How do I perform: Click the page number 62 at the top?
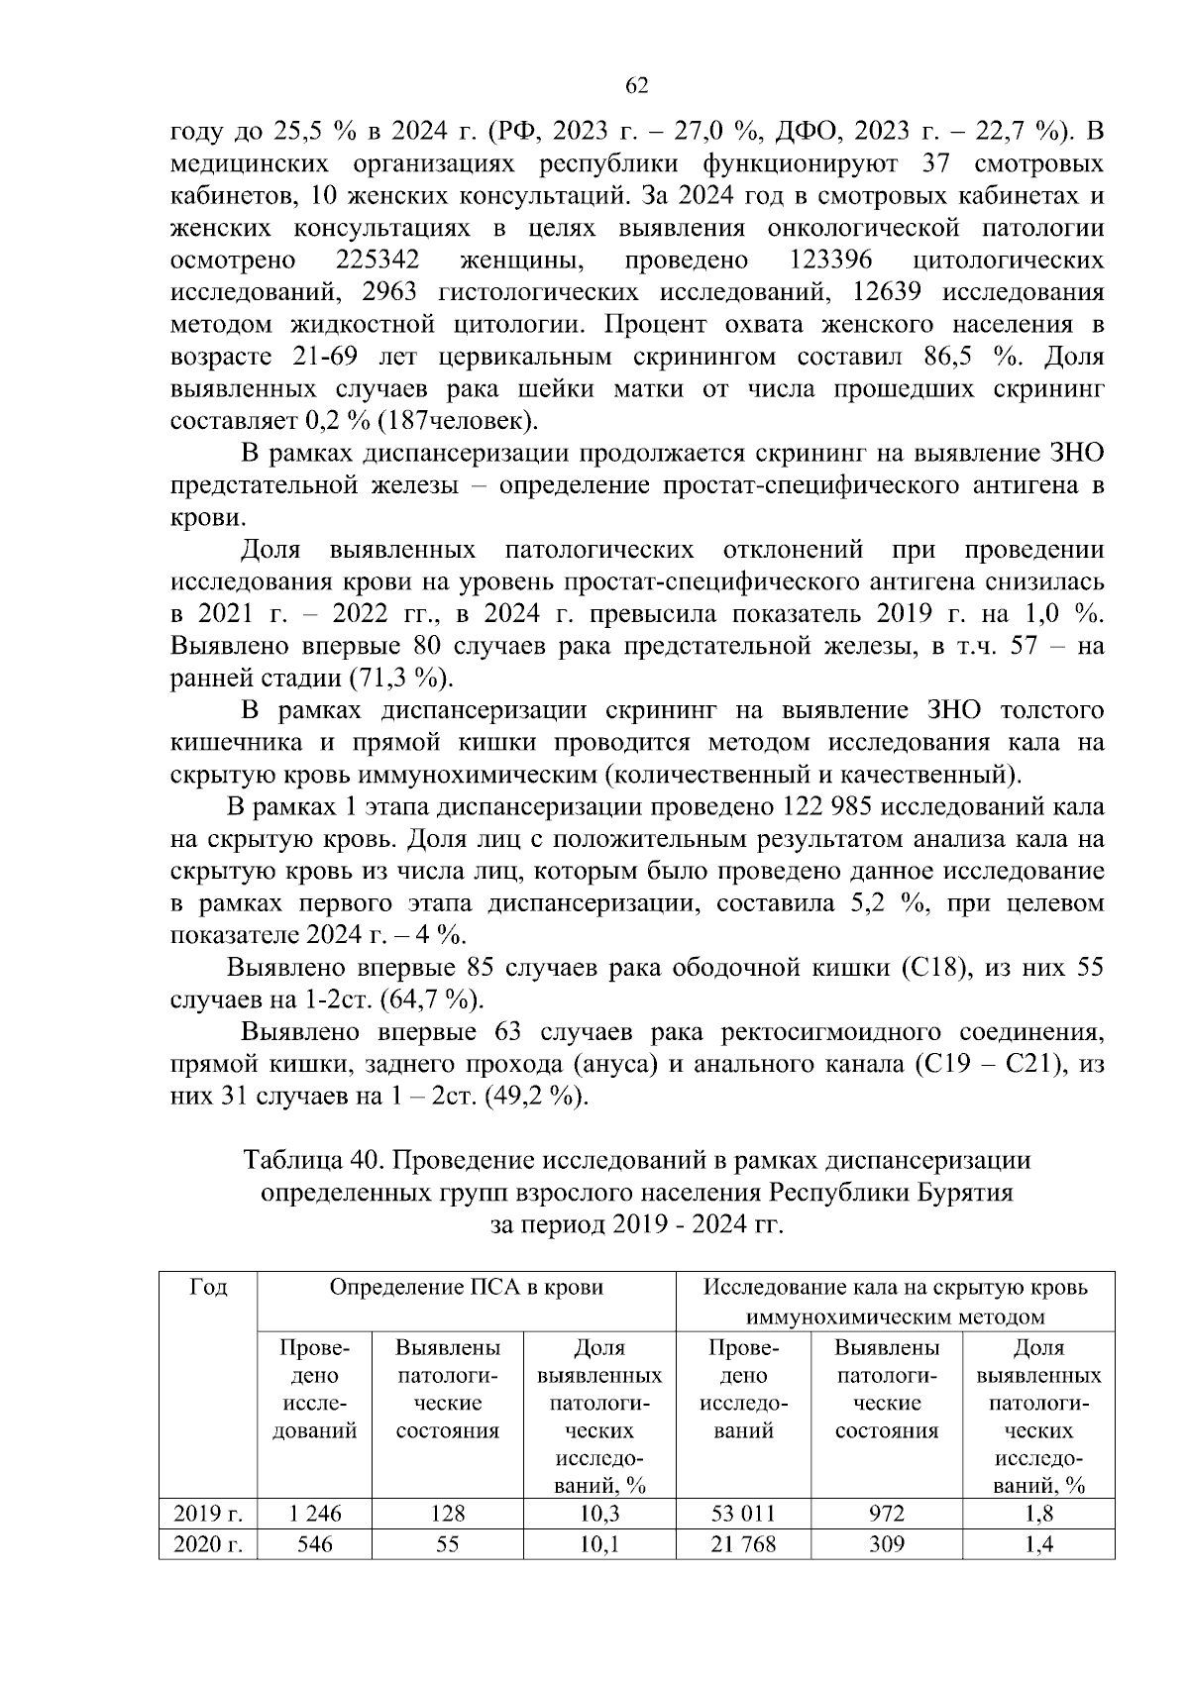(637, 86)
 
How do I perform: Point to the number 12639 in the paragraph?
(886, 292)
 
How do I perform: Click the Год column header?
(208, 1287)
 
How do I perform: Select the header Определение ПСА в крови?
(466, 1287)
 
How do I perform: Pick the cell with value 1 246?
(314, 1514)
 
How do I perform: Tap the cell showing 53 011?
(743, 1514)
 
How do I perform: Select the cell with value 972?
(886, 1514)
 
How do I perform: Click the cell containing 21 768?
(743, 1544)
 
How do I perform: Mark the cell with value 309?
(886, 1544)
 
